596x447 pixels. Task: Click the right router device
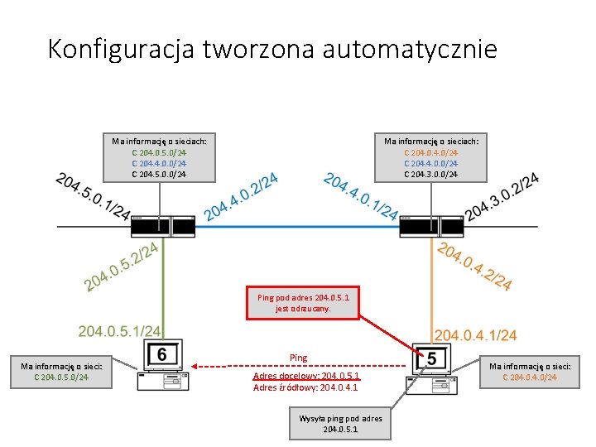coord(430,224)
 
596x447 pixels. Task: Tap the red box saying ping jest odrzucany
coord(303,303)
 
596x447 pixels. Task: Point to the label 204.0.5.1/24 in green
coord(119,331)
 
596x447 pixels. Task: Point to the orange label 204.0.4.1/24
coord(475,335)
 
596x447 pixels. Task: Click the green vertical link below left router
coord(163,281)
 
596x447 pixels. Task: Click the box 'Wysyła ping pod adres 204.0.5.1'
coord(340,424)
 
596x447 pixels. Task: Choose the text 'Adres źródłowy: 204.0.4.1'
coord(305,387)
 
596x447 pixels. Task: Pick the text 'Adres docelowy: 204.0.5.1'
coord(305,376)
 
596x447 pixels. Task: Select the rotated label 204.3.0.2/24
coord(503,197)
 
